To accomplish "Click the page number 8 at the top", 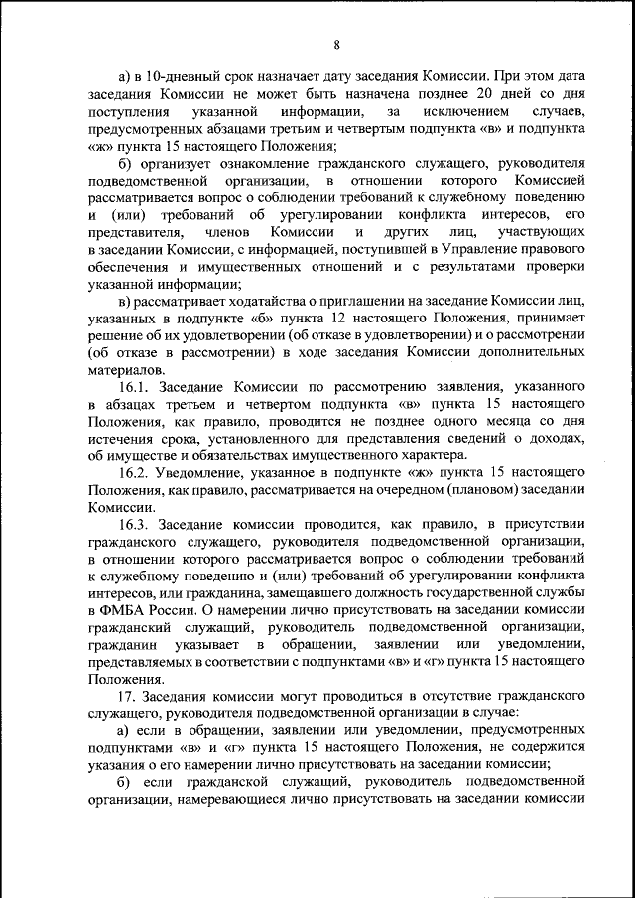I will pos(336,44).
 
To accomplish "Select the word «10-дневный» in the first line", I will pos(179,75).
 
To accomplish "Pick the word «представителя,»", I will pos(130,232).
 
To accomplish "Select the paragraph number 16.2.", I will pos(133,474).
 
